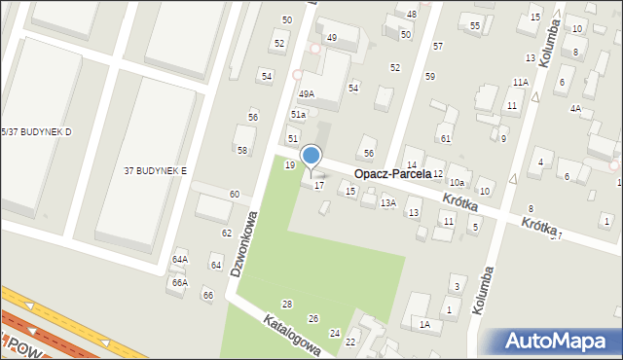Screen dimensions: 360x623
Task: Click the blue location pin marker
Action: (x=311, y=156)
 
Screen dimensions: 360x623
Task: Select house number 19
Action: (x=289, y=165)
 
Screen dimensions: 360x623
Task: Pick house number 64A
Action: (x=180, y=260)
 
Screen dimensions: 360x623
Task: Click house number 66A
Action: (x=180, y=282)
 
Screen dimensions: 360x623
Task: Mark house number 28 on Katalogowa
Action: (x=287, y=305)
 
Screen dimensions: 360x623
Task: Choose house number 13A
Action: (x=388, y=202)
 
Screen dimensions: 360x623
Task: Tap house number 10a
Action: (x=457, y=183)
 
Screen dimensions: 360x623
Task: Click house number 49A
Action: (x=307, y=94)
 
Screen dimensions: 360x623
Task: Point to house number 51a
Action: (x=298, y=115)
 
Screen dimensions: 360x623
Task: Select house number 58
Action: (x=242, y=150)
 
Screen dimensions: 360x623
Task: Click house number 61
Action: (x=445, y=139)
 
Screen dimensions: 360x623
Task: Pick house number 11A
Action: (x=521, y=83)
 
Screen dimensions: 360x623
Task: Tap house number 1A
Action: (x=424, y=324)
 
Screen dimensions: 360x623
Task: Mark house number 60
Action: (x=235, y=195)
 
